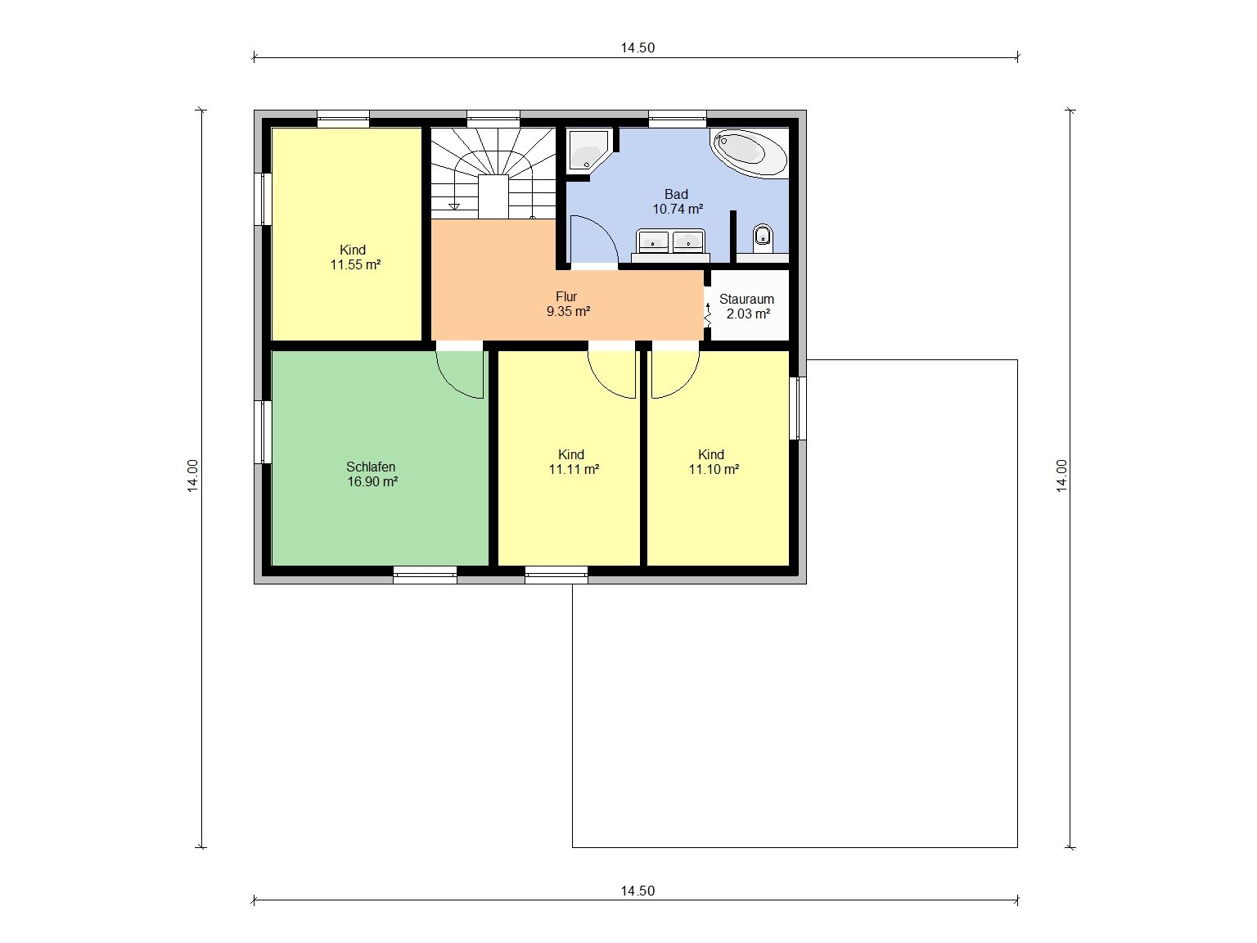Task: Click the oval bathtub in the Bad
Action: pos(749,152)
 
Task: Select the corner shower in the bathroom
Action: pos(588,150)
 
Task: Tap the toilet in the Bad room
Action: pos(762,238)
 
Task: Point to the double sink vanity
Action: pos(670,243)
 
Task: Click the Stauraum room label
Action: pos(747,299)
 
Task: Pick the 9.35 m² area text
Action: pos(568,312)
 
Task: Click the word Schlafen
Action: pos(371,467)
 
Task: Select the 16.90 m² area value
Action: pos(372,481)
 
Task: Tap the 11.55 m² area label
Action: pos(356,264)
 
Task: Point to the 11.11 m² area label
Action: pos(574,470)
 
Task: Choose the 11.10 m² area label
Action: pos(714,470)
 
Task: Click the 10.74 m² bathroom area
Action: pos(678,209)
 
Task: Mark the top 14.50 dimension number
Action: pos(638,47)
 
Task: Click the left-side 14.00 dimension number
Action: pos(193,476)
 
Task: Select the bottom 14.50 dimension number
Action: pos(638,891)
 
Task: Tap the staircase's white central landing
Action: pos(493,197)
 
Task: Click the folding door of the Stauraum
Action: pos(707,316)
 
